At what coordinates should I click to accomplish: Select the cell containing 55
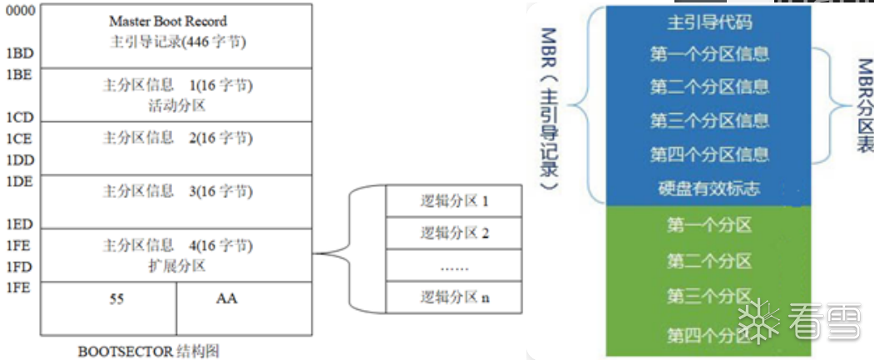click(116, 298)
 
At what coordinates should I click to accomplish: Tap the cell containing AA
click(226, 298)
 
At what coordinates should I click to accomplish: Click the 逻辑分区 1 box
click(454, 200)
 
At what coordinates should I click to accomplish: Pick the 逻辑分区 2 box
click(454, 233)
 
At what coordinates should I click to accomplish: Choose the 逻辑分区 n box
click(454, 298)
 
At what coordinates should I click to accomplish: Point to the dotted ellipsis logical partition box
click(454, 266)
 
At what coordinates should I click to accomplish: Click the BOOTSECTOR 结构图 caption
click(150, 351)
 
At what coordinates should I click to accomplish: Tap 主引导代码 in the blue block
click(709, 21)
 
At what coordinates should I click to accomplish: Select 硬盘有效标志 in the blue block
click(709, 189)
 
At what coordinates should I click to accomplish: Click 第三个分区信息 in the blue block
click(709, 121)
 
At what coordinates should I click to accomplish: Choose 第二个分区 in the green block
click(709, 261)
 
